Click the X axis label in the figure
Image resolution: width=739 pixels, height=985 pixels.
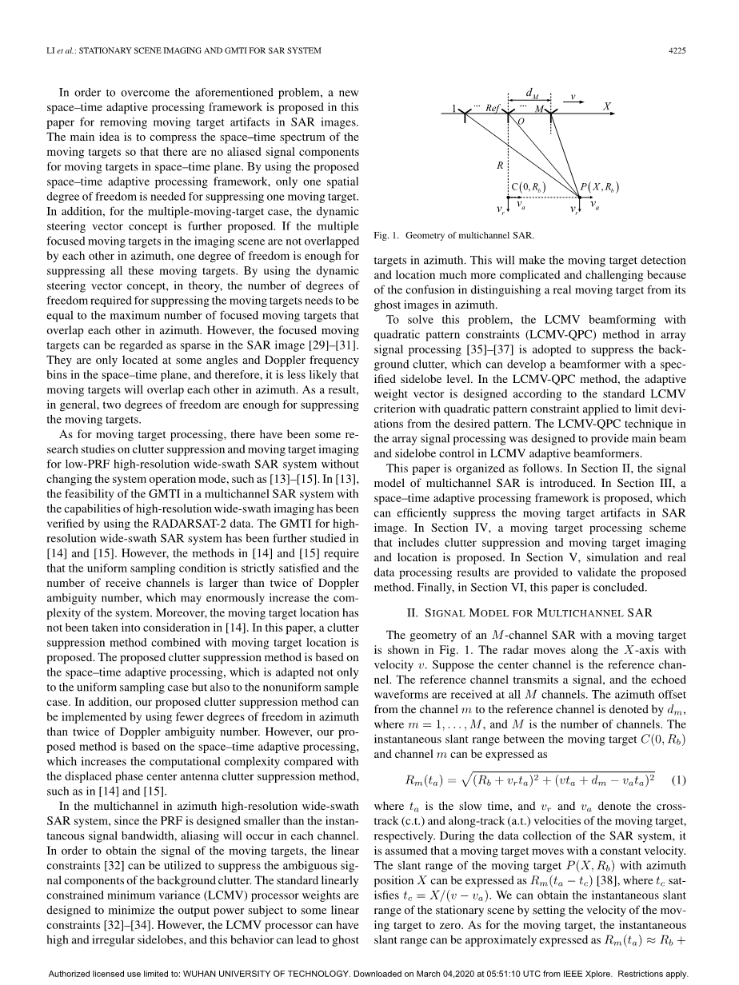click(607, 106)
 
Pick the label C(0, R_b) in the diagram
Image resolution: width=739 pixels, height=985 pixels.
click(529, 188)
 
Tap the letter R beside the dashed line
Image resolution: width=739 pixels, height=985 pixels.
click(500, 165)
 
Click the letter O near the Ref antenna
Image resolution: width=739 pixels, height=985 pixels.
click(521, 122)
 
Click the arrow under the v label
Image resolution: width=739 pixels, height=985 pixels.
click(573, 102)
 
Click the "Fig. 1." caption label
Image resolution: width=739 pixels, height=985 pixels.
click(386, 236)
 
